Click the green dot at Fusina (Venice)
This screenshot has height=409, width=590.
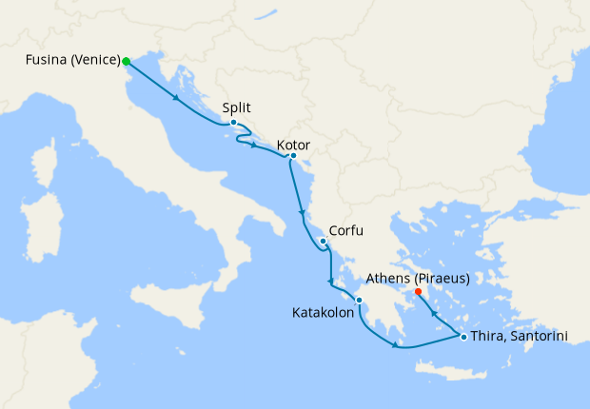[x=126, y=61]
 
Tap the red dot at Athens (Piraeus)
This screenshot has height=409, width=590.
[x=419, y=291]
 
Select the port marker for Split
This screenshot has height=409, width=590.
[x=233, y=122]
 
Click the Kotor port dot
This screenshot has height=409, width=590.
[x=293, y=155]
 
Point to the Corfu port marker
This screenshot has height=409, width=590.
[x=324, y=241]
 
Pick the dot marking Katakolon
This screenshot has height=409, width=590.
[x=359, y=301]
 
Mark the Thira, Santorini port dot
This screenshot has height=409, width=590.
[x=463, y=337]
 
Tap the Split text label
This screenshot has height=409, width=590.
[x=237, y=107]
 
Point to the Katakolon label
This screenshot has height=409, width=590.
[x=321, y=312]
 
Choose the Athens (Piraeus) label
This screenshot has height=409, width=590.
[x=423, y=280]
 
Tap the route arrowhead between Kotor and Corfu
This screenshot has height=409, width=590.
[x=302, y=212]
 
